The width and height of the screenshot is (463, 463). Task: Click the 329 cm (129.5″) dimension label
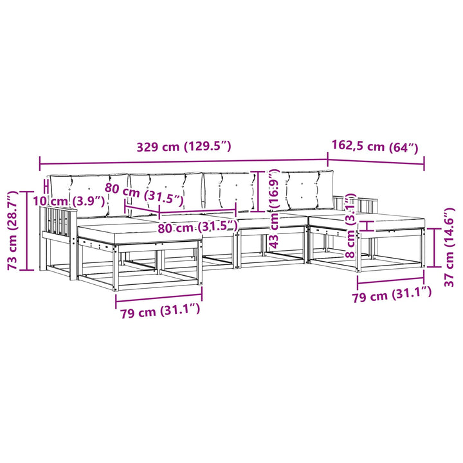[x=183, y=147]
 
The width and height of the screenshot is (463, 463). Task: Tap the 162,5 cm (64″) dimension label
[x=375, y=147]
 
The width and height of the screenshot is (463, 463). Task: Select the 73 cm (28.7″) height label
[x=13, y=230]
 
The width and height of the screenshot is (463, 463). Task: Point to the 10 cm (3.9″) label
[x=69, y=201]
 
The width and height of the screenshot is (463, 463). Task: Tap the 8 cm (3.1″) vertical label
[x=350, y=226]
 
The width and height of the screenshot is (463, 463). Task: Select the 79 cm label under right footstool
[x=392, y=295]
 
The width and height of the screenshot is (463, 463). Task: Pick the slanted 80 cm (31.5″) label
[x=144, y=194]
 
